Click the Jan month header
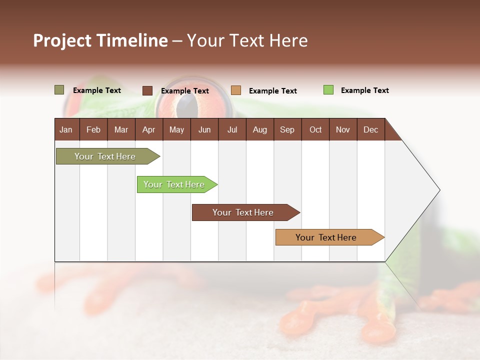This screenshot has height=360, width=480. [x=66, y=129]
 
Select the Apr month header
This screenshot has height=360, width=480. [x=148, y=129]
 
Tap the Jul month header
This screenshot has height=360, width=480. [x=232, y=129]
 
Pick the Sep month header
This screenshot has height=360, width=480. [x=287, y=129]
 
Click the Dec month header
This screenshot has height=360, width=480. [x=370, y=129]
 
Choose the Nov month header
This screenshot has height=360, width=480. [x=342, y=129]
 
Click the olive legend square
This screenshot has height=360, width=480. [x=59, y=90]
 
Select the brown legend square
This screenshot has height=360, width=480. [x=147, y=90]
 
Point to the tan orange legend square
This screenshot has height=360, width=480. [x=236, y=90]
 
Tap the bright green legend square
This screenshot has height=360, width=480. [x=328, y=90]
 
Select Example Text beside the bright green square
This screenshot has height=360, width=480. [x=364, y=90]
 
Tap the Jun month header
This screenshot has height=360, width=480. [x=204, y=129]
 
